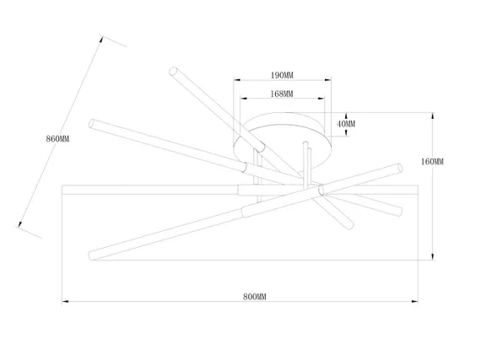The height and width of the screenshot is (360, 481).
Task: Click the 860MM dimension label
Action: click(x=57, y=139)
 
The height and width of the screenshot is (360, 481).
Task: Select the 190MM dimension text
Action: click(x=282, y=75)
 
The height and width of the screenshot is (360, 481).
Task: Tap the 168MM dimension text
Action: click(x=282, y=94)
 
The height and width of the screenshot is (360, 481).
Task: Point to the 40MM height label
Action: click(x=346, y=124)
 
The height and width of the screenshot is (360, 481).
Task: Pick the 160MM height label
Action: click(x=432, y=162)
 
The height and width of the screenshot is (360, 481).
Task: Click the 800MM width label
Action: click(x=255, y=297)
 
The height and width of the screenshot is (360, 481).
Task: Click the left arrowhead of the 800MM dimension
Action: click(x=65, y=302)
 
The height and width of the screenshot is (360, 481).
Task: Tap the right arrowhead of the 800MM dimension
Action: click(x=414, y=302)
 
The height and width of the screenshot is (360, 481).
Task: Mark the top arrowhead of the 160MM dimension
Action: click(x=433, y=116)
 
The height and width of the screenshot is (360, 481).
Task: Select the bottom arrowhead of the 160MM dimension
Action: click(x=433, y=257)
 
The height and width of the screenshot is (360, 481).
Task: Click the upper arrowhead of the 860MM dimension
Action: click(x=101, y=40)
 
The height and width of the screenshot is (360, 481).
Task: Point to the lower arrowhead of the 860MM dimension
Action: click(x=20, y=224)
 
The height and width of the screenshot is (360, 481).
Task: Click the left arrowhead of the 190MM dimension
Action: click(x=237, y=80)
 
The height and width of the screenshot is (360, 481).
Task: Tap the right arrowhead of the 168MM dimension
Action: click(x=322, y=99)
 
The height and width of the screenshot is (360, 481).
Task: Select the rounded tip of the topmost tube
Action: click(x=173, y=71)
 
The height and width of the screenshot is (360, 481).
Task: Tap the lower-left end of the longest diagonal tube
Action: click(x=92, y=255)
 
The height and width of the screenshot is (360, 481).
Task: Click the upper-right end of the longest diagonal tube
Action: click(x=400, y=168)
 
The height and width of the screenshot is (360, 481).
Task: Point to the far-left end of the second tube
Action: click(x=91, y=123)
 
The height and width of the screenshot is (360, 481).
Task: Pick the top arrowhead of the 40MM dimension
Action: click(x=346, y=116)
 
